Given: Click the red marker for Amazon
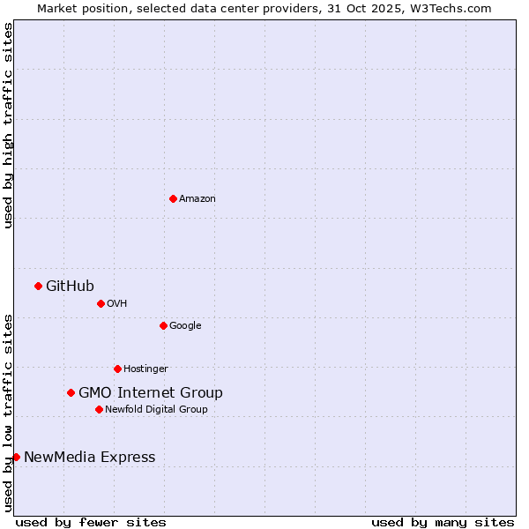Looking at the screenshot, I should tap(173, 198).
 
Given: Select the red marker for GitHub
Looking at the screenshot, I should tap(38, 286).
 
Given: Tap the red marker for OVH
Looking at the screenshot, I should tap(101, 303).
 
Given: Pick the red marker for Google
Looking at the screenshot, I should tap(163, 325).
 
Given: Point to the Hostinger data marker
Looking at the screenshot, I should tap(117, 369).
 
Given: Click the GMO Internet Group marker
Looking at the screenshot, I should tap(71, 392).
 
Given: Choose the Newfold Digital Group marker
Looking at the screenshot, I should tap(99, 409).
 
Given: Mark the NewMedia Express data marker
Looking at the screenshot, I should tap(16, 457).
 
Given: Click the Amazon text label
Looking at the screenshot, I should tap(197, 198).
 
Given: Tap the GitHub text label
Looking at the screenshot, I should tap(70, 286).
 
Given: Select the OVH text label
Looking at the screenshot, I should tap(117, 303).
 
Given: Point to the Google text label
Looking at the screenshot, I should tap(185, 325).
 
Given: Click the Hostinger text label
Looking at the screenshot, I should tap(145, 369).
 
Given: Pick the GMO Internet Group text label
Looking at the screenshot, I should tap(151, 392).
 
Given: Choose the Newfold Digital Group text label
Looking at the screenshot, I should tap(156, 409).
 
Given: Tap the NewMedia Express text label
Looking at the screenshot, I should tap(89, 457).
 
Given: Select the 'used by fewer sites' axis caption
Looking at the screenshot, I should tap(91, 522).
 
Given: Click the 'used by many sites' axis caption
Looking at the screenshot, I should tap(443, 522).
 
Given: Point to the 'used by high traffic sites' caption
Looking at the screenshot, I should tap(8, 125).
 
